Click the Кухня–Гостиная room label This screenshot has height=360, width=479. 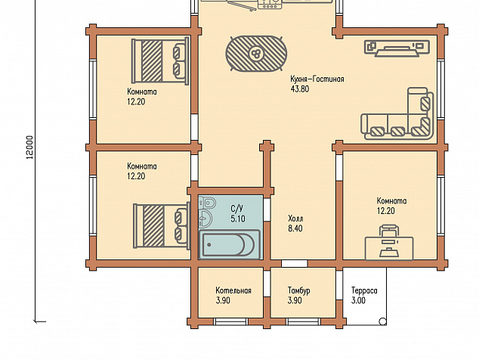pyautogui.click(x=317, y=79)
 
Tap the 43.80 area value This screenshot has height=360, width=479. pyautogui.click(x=300, y=89)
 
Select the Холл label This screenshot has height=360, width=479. pyautogui.click(x=295, y=219)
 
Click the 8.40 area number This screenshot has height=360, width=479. pyautogui.click(x=295, y=228)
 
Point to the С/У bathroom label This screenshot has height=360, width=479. pyautogui.click(x=237, y=209)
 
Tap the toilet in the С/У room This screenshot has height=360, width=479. pyautogui.click(x=208, y=203)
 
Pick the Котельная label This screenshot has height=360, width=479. pyautogui.click(x=233, y=290)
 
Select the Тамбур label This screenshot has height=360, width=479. pyautogui.click(x=298, y=290)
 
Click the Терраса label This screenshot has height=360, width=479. pyautogui.click(x=364, y=290)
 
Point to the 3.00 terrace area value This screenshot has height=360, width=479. pyautogui.click(x=358, y=300)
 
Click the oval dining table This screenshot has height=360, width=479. pyautogui.click(x=256, y=54)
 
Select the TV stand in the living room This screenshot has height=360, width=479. pyautogui.click(x=397, y=48)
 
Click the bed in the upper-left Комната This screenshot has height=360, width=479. pyautogui.click(x=160, y=61)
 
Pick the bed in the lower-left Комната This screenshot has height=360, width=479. pyautogui.click(x=161, y=225)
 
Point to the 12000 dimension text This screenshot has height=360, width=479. pyautogui.click(x=29, y=147)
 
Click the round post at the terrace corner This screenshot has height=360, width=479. pyautogui.click(x=382, y=321)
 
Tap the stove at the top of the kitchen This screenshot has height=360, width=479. pyautogui.click(x=270, y=4)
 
